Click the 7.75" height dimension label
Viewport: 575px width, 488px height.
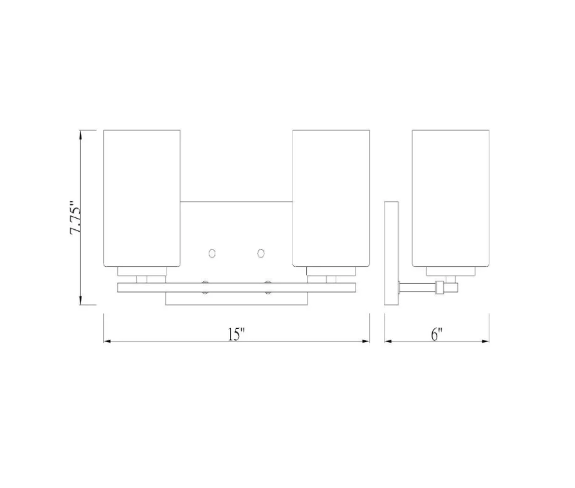pos(75,217)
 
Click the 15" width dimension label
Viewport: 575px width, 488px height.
pos(236,334)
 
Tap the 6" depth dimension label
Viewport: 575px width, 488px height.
pos(437,334)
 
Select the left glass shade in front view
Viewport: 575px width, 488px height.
pos(142,199)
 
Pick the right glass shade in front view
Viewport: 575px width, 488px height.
pos(331,199)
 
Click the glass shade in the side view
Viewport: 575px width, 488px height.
pos(451,199)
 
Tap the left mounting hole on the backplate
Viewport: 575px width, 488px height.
pos(212,253)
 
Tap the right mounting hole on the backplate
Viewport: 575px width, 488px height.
pos(261,253)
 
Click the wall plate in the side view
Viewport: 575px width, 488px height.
pos(391,253)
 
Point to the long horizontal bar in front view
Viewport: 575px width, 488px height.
pos(237,288)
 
